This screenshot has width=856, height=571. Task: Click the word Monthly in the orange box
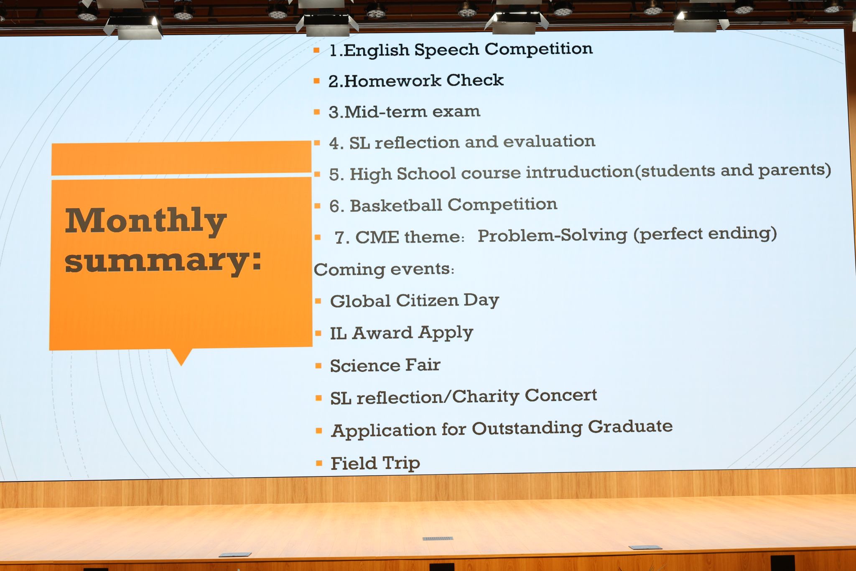click(x=145, y=222)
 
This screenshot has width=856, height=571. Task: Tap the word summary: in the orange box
click(x=163, y=261)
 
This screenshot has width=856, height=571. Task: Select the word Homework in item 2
click(x=392, y=81)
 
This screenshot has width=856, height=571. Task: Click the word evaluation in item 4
click(x=549, y=141)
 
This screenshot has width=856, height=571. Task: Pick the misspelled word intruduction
click(x=580, y=172)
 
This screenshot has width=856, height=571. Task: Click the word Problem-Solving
click(x=552, y=236)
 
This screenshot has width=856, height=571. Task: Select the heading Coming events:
click(x=384, y=269)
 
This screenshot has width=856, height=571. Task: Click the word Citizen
click(x=427, y=300)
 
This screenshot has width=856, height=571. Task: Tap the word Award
click(x=382, y=333)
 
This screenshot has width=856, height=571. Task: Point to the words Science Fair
click(x=385, y=365)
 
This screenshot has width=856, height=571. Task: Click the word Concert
click(x=560, y=395)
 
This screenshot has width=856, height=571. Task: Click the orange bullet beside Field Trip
click(x=319, y=463)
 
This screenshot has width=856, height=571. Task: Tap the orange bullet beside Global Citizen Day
click(x=318, y=301)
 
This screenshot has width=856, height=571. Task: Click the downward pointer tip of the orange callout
click(x=181, y=365)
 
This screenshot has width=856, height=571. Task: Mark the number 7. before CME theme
click(x=342, y=238)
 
